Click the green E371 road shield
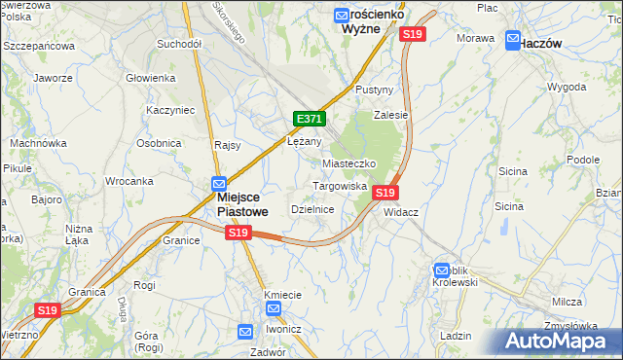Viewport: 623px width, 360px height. (x=309, y=119)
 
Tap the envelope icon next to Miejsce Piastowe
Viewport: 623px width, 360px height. (x=219, y=182)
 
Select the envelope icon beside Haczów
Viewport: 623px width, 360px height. (x=512, y=41)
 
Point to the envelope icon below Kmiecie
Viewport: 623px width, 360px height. (x=274, y=308)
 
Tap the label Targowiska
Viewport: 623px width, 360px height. (x=339, y=185)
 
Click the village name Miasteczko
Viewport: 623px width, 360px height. (x=348, y=163)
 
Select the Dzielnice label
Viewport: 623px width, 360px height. (x=313, y=209)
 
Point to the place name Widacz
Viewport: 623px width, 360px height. (x=401, y=211)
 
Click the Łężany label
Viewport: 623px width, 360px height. (x=305, y=140)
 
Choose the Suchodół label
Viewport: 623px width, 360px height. (x=178, y=44)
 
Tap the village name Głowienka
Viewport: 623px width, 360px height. (x=150, y=78)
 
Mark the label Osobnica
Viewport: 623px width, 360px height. (x=159, y=143)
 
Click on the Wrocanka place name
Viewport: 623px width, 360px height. (x=129, y=181)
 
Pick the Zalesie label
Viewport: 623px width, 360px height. (x=391, y=114)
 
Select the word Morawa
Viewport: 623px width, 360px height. (x=476, y=38)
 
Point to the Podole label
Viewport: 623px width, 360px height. (x=583, y=159)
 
